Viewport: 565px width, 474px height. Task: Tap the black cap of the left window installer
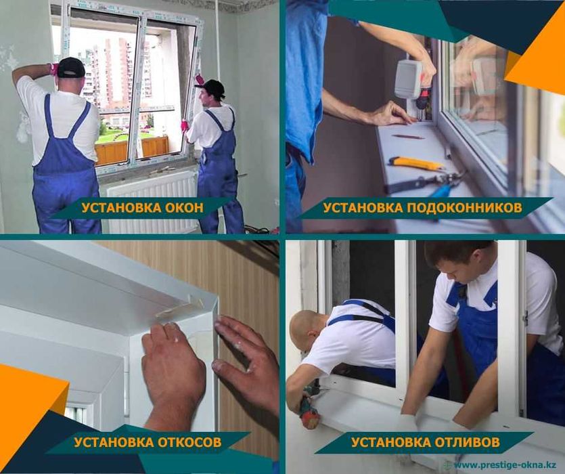(x=70, y=66)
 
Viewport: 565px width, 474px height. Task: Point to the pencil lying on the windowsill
(x=409, y=137)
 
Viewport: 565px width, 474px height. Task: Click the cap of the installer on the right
(x=212, y=86)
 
